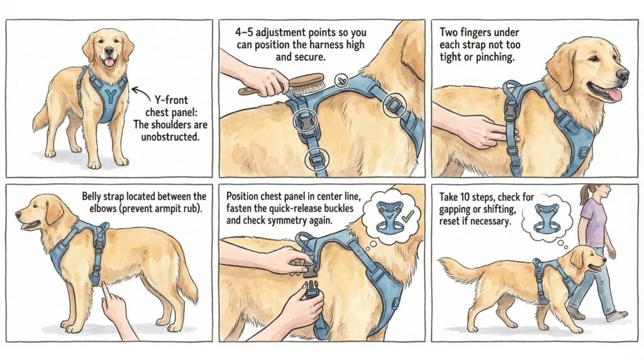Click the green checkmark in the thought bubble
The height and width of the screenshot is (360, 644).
click(408, 216)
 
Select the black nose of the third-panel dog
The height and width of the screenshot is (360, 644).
click(623, 74)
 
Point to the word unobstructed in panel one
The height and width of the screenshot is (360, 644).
click(171, 137)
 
